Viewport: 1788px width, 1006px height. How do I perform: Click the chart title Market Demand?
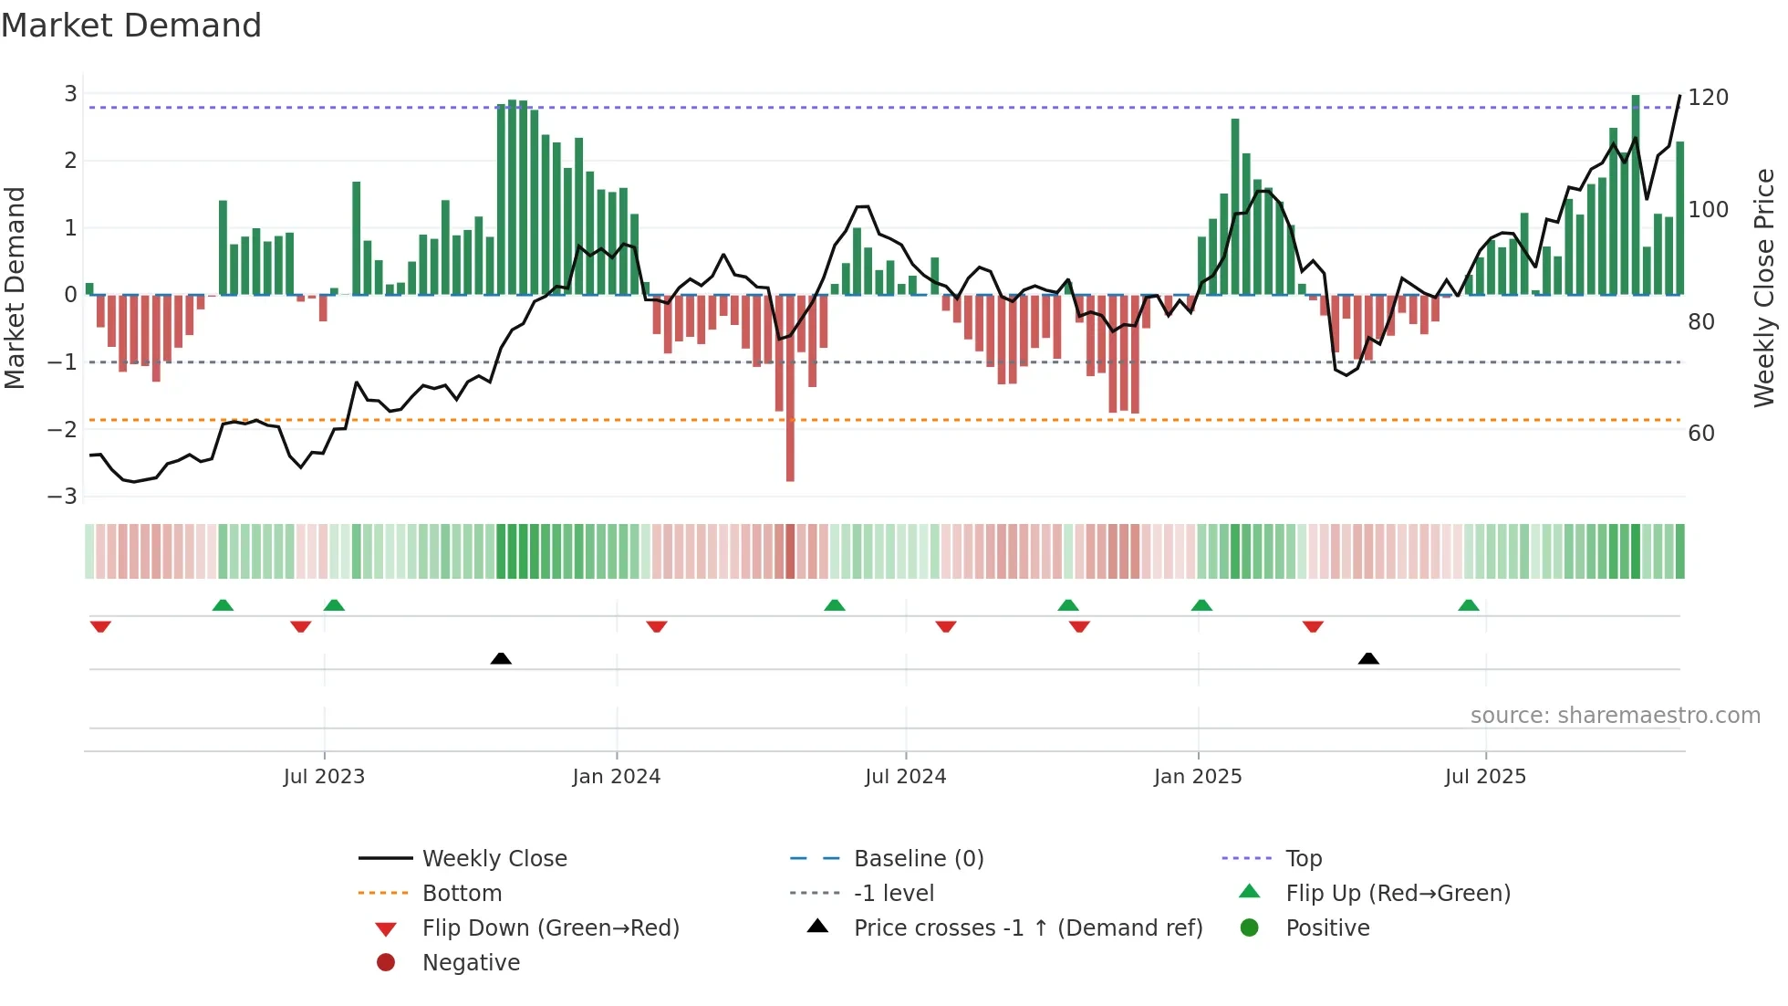pos(131,26)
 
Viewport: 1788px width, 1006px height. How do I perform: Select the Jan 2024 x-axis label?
pos(617,777)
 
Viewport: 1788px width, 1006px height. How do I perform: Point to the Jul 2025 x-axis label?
pos(1485,777)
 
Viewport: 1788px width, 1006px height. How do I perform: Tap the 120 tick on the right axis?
pos(1708,98)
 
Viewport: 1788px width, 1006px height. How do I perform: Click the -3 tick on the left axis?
pos(63,497)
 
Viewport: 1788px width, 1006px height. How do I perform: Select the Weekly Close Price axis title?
pos(1764,288)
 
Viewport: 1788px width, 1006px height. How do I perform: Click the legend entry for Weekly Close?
pos(494,859)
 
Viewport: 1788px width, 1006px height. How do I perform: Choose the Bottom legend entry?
pos(462,894)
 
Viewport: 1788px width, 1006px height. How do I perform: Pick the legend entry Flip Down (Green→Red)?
pos(550,928)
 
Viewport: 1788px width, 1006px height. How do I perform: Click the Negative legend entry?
pos(471,963)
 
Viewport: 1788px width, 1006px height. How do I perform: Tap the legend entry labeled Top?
pos(1304,859)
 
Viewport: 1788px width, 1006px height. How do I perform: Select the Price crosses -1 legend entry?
pos(1028,928)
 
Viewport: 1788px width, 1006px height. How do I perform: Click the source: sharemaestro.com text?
pos(1615,716)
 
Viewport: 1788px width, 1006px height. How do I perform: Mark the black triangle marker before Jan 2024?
pos(501,658)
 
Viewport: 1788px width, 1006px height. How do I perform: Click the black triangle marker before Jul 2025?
pos(1368,658)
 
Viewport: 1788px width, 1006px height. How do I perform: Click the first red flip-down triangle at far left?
pos(100,626)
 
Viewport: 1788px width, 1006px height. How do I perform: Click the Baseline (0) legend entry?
pos(918,859)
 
